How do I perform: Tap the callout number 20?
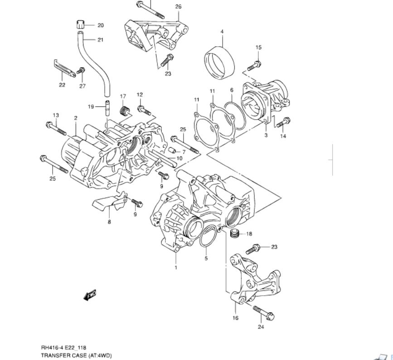click(x=101, y=25)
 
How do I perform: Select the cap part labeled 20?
click(x=80, y=24)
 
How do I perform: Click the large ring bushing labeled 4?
click(x=220, y=63)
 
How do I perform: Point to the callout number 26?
click(x=178, y=6)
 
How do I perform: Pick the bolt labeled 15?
click(x=254, y=65)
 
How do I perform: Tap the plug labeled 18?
click(x=234, y=233)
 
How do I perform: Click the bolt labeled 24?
click(x=263, y=312)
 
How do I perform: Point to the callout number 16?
click(x=235, y=318)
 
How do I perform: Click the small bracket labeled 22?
click(x=64, y=69)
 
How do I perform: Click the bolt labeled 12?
click(x=144, y=110)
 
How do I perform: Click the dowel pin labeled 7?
click(x=172, y=151)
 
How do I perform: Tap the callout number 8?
click(x=109, y=222)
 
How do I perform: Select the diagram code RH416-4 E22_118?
click(x=63, y=348)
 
